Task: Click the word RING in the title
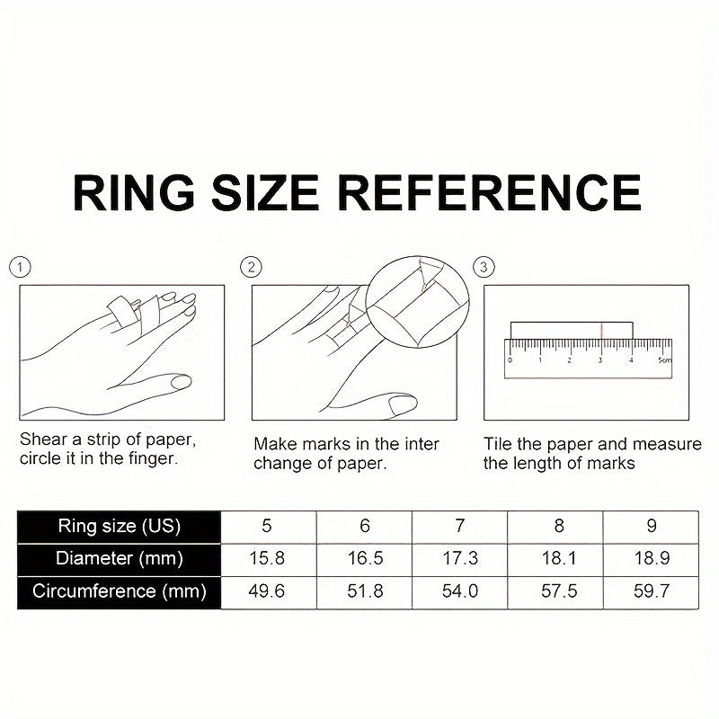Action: pos(133,192)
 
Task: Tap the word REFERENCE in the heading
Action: pos(489,192)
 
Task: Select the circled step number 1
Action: pos(20,267)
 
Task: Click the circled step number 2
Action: pos(251,267)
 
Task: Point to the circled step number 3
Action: pos(484,267)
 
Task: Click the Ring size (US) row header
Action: pos(120,527)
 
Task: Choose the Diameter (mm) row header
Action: pos(120,559)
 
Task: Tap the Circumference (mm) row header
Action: pos(120,592)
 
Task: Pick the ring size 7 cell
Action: pos(460,527)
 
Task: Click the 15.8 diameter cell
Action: pos(268,559)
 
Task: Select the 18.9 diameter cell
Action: pos(651,559)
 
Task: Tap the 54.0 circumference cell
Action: pos(460,592)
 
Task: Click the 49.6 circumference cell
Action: pos(268,592)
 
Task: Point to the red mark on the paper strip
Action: pos(601,331)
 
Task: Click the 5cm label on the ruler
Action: pos(664,360)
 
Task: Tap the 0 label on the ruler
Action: pos(510,360)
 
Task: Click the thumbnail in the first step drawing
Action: pos(181,382)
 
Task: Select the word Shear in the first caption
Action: pos(43,439)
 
